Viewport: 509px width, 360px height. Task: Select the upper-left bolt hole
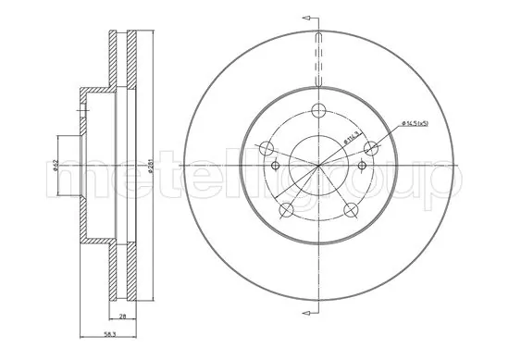pyautogui.click(x=267, y=148)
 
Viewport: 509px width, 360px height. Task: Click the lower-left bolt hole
pyautogui.click(x=286, y=210)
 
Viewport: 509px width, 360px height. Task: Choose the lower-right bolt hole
pyautogui.click(x=351, y=210)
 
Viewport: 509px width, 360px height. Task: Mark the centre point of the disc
pyautogui.click(x=318, y=167)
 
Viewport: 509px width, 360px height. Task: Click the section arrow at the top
pyautogui.click(x=312, y=16)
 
